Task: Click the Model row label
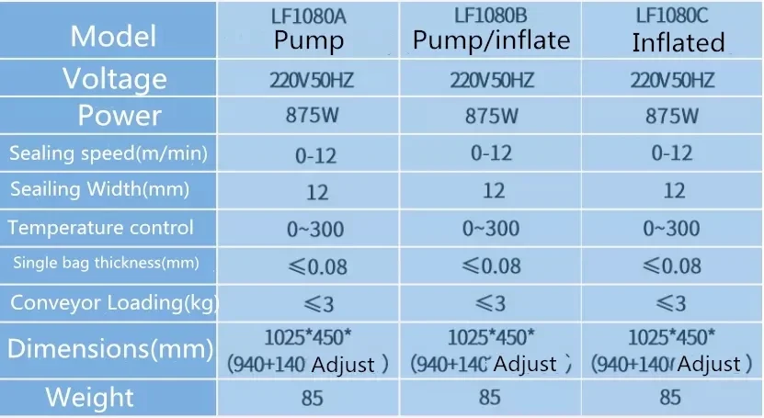(x=113, y=36)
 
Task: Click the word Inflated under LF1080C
(x=678, y=42)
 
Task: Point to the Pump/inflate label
(x=491, y=40)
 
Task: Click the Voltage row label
(x=114, y=78)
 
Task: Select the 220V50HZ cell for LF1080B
(x=492, y=79)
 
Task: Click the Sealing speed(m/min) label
(x=108, y=153)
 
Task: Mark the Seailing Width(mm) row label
(x=99, y=190)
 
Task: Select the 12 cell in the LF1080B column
(x=493, y=190)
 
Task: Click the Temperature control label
(x=100, y=227)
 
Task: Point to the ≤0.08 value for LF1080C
(x=672, y=266)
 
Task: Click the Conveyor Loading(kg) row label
(x=113, y=302)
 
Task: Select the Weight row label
(x=90, y=398)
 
